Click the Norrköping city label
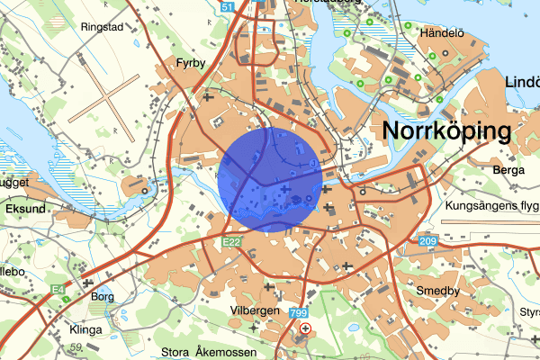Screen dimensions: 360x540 click(x=446, y=130)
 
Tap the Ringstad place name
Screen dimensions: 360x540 click(x=101, y=26)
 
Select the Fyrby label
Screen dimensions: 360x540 click(x=192, y=64)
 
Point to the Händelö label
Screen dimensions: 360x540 click(x=442, y=33)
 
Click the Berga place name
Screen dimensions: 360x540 click(x=508, y=168)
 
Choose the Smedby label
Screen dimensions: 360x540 click(x=438, y=291)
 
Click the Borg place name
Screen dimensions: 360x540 click(x=103, y=295)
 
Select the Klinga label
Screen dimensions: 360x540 click(x=85, y=328)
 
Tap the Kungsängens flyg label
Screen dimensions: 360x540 click(x=491, y=206)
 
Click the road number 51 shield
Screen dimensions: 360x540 click(x=229, y=7)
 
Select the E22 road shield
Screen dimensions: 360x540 click(x=232, y=242)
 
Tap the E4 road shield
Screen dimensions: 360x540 click(x=58, y=264)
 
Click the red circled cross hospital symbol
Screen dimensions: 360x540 click(x=307, y=328)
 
